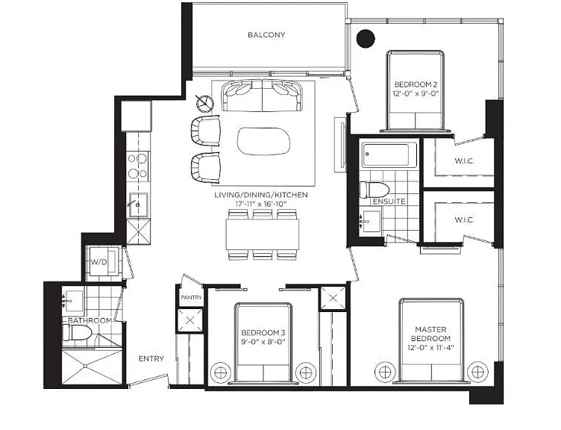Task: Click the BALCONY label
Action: [x=266, y=35]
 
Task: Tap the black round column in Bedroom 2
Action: [x=366, y=38]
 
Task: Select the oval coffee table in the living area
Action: [x=263, y=141]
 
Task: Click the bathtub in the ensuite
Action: [x=389, y=155]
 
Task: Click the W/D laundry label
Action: [x=98, y=262]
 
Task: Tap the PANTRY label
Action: [x=191, y=298]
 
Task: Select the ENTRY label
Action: [x=151, y=359]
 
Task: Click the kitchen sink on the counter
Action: [x=139, y=205]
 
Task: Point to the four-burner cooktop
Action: [x=138, y=166]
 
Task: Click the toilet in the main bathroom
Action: [x=78, y=333]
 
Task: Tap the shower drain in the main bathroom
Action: [x=86, y=366]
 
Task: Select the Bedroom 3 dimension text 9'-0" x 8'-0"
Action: [x=263, y=342]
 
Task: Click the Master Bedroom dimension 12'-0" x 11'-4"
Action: [x=430, y=347]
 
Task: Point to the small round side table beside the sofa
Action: [x=205, y=103]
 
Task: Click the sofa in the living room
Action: [x=263, y=96]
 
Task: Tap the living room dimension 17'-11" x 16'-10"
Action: [x=261, y=204]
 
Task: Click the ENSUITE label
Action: [x=389, y=202]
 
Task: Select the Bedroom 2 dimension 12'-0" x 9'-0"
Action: [x=416, y=94]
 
